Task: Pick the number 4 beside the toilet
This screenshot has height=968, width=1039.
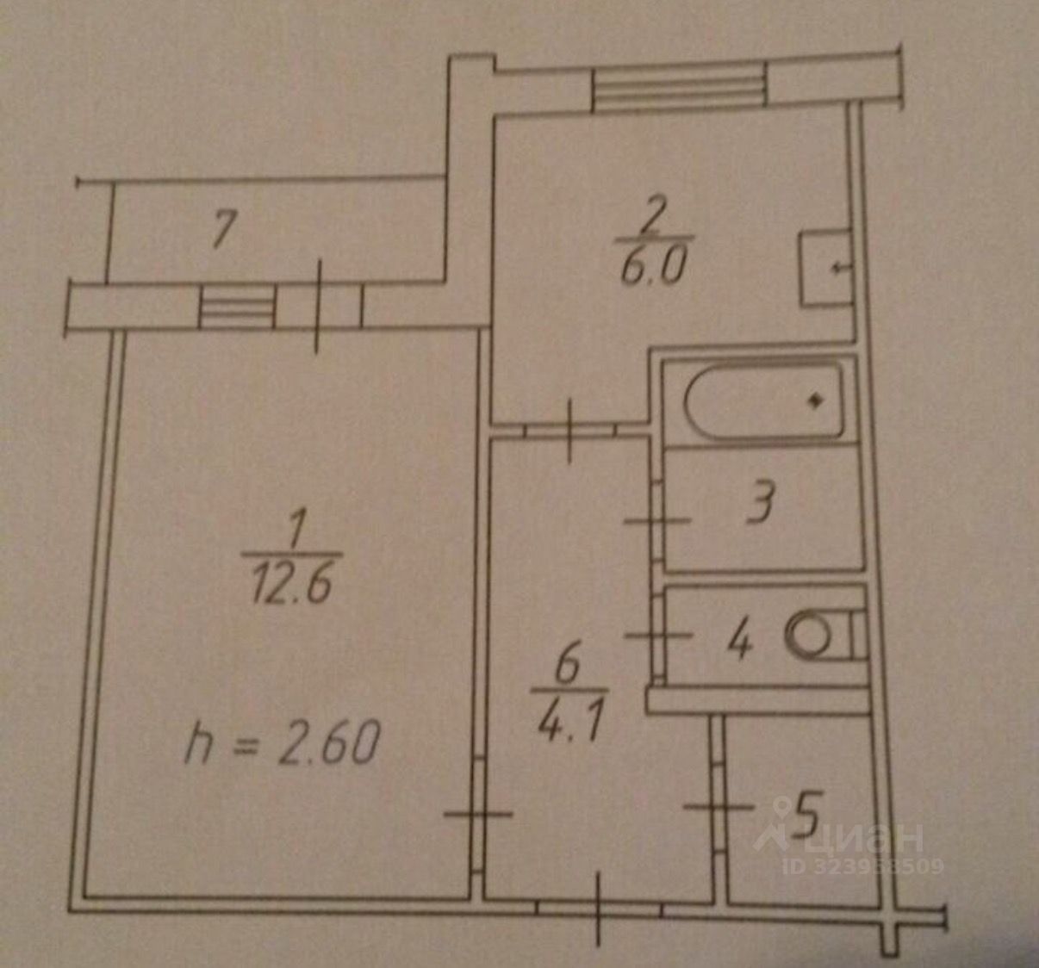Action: (739, 642)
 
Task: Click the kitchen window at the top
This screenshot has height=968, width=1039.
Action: (680, 86)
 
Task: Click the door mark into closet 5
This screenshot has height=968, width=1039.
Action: (719, 808)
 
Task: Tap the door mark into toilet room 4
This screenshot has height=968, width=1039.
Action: (657, 636)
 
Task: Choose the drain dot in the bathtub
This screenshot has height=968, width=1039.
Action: (813, 400)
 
